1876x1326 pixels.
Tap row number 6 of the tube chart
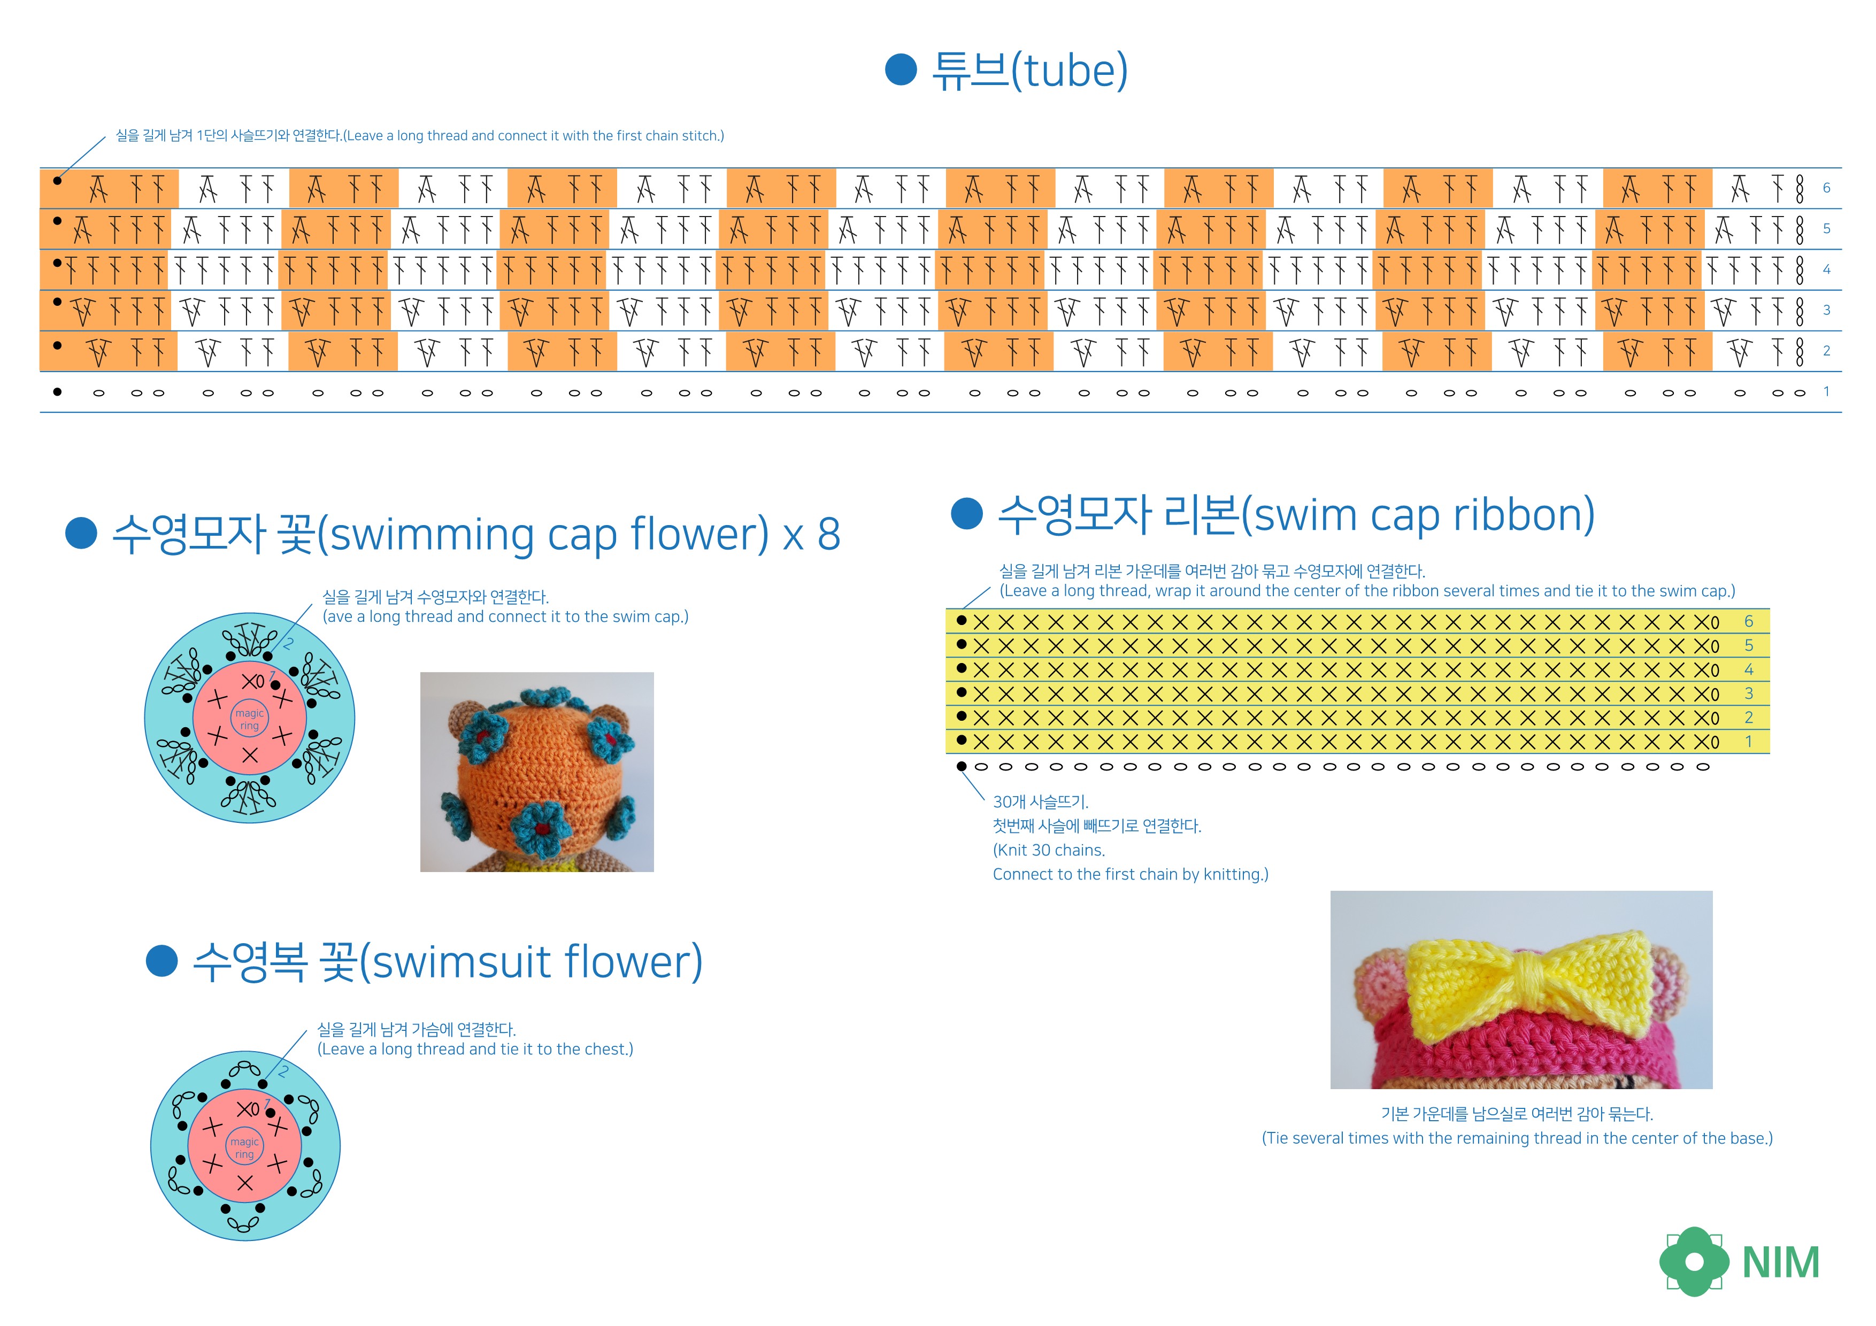tap(1826, 188)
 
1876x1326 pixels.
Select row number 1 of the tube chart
tap(1826, 391)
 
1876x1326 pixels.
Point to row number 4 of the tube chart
tap(1826, 269)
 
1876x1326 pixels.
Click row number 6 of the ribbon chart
tap(1749, 622)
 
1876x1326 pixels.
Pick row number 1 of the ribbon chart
tap(1749, 742)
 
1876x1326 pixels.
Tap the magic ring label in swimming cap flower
tap(249, 719)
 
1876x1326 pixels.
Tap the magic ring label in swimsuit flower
tap(244, 1148)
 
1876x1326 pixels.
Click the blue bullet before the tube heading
tap(901, 70)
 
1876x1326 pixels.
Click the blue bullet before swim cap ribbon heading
tap(966, 515)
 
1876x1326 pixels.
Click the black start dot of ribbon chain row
tap(961, 766)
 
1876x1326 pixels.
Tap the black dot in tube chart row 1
tap(57, 391)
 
